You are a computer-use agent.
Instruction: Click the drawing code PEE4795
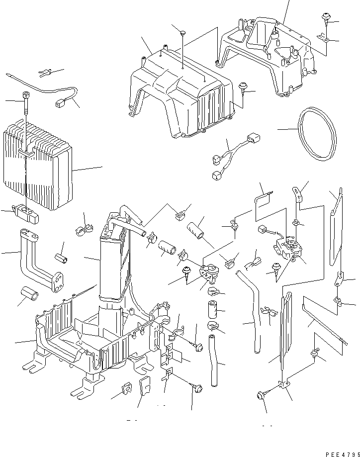tap(342, 454)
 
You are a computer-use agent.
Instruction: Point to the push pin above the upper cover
tap(183, 33)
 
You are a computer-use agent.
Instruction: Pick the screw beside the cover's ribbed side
tap(244, 88)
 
